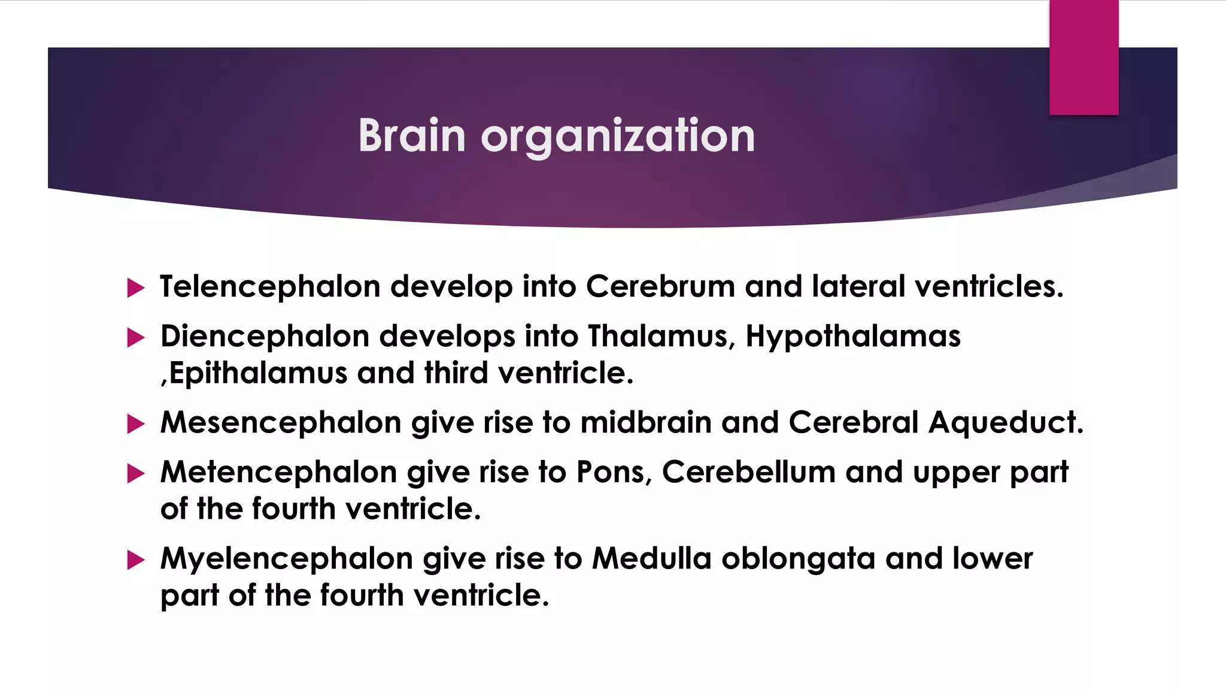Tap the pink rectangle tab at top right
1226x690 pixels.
(1084, 57)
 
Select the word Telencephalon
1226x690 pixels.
(270, 286)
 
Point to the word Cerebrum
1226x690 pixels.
(660, 286)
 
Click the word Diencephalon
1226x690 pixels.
(265, 336)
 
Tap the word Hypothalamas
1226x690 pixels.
(853, 337)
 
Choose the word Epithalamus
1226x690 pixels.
(258, 373)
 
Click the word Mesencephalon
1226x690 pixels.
(281, 422)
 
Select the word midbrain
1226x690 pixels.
(646, 422)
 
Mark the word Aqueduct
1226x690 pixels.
(1006, 422)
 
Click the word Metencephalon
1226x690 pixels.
(278, 472)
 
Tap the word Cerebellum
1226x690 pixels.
(748, 472)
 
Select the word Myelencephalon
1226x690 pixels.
(287, 559)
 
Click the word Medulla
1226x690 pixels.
(651, 558)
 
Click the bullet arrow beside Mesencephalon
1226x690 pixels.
(136, 424)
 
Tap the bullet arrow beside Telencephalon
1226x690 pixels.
(136, 288)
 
